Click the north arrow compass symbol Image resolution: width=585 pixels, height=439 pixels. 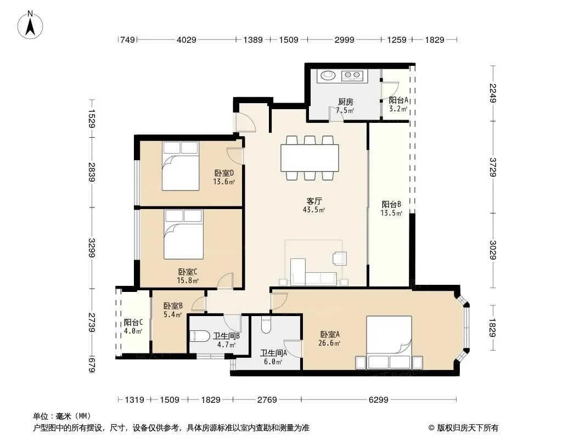30,25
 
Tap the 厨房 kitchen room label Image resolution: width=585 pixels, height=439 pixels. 346,102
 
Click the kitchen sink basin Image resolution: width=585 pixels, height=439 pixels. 328,75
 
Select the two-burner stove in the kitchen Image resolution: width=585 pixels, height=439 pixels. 352,76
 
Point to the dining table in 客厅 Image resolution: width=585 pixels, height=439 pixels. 310,158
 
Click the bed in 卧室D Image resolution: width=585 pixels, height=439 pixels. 181,166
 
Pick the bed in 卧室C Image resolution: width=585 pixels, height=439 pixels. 183,234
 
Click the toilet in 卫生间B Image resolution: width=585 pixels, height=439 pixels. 200,336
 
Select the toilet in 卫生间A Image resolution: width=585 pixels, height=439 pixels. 266,324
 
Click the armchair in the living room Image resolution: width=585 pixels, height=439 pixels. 340,258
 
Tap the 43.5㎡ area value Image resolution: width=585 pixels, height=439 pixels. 314,210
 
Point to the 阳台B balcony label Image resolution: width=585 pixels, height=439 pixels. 391,204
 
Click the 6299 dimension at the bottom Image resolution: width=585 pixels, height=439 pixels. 378,400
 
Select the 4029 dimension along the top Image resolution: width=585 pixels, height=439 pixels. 186,40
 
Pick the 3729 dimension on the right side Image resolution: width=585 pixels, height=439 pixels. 493,167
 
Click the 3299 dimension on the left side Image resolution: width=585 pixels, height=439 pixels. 92,247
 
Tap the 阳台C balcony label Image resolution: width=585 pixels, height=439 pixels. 133,322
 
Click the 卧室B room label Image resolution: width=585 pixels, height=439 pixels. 173,306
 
